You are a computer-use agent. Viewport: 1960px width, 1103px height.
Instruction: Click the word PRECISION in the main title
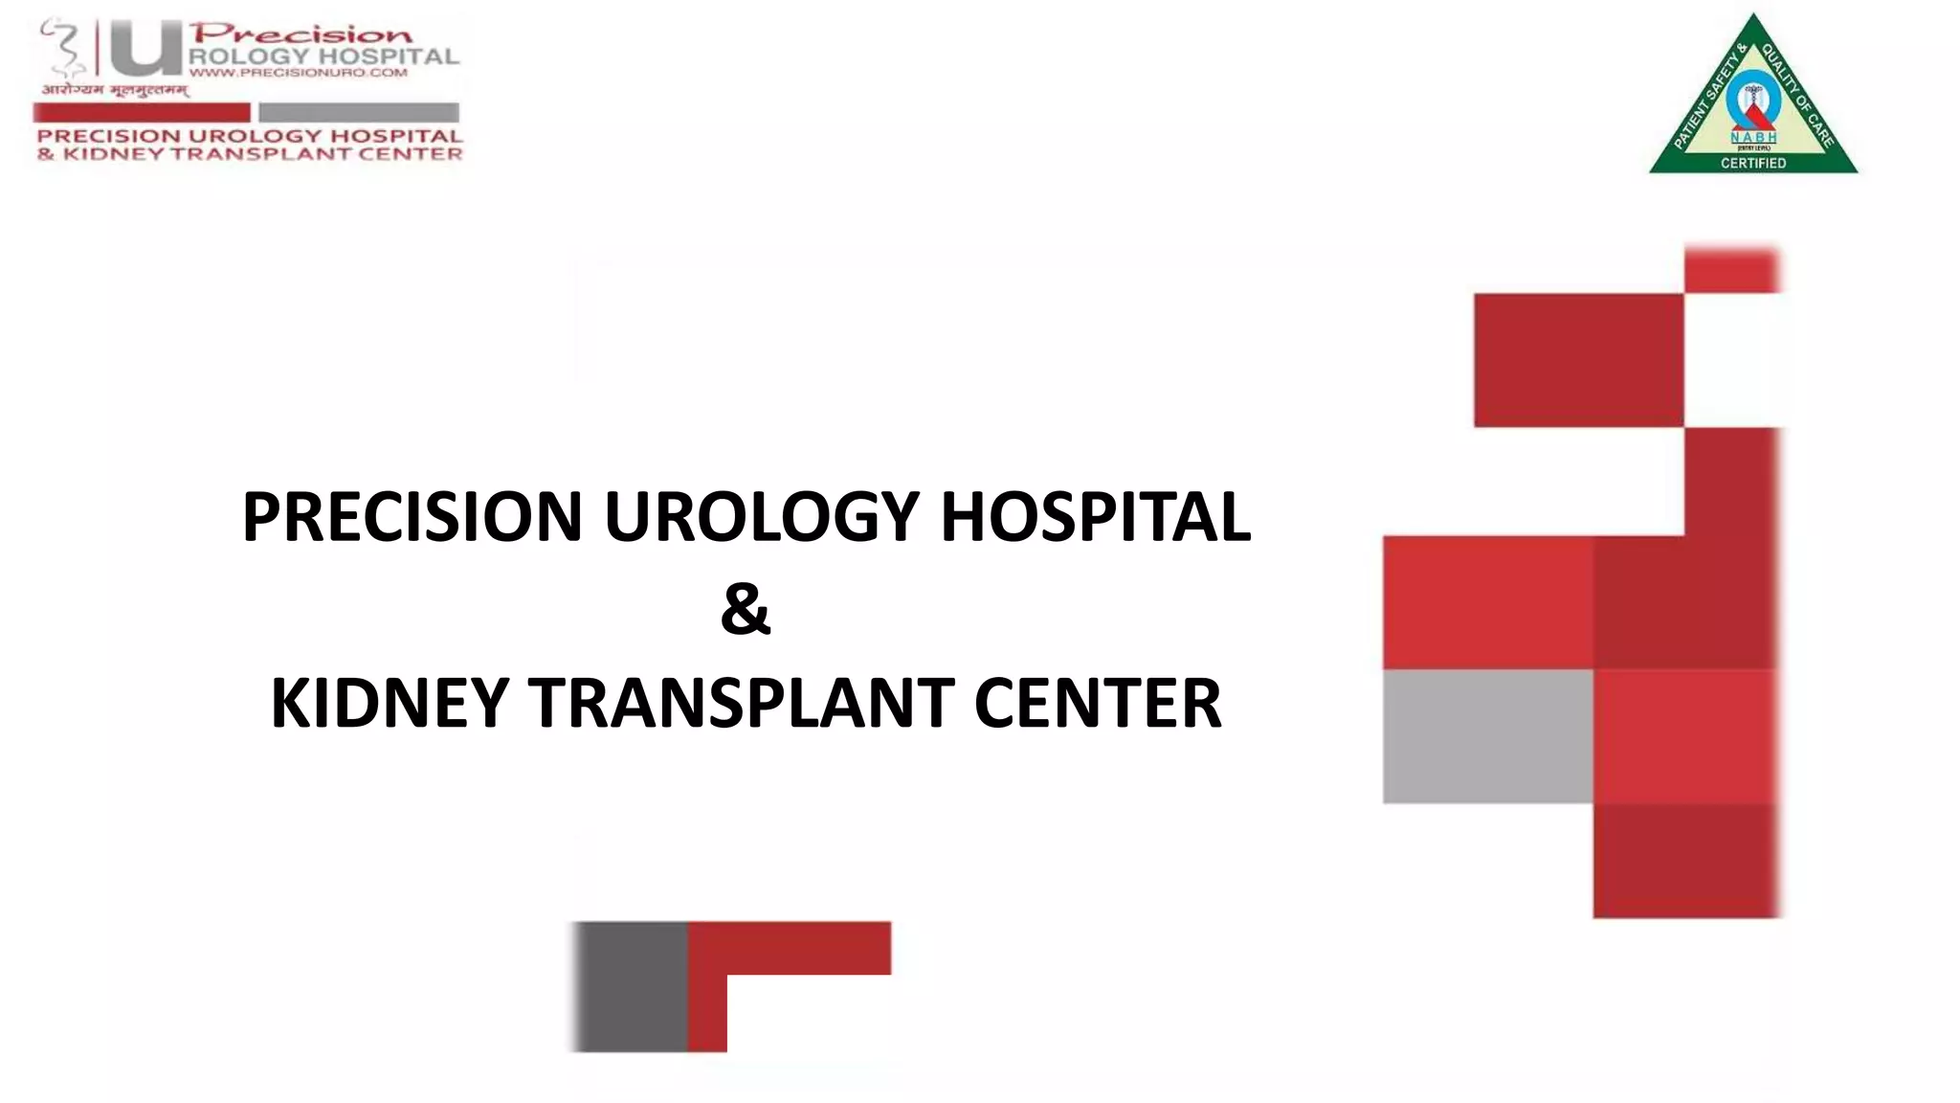pyautogui.click(x=412, y=517)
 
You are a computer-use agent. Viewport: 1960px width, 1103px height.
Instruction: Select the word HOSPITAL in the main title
pyautogui.click(x=1096, y=517)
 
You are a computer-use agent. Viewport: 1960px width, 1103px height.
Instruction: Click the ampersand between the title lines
pyautogui.click(x=746, y=610)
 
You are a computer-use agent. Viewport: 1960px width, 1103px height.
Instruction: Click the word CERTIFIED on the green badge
pyautogui.click(x=1753, y=163)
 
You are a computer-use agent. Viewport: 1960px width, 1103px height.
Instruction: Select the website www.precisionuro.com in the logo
pyautogui.click(x=299, y=73)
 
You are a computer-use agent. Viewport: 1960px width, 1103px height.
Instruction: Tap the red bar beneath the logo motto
pyautogui.click(x=142, y=112)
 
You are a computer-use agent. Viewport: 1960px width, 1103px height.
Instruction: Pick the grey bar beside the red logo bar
pyautogui.click(x=359, y=112)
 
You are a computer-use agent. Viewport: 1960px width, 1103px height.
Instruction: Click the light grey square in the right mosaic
pyautogui.click(x=1487, y=735)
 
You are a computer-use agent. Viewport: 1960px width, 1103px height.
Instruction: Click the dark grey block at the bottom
pyautogui.click(x=631, y=986)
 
